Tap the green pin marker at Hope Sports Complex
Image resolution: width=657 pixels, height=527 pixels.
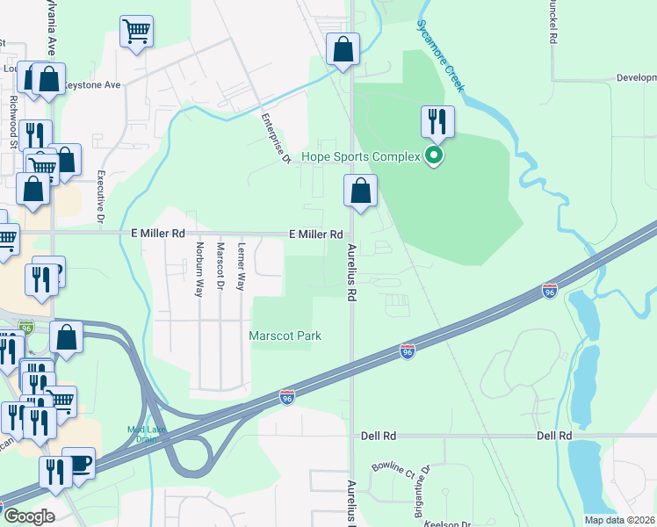(x=432, y=157)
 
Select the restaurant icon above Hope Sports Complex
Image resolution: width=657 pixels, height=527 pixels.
(x=437, y=121)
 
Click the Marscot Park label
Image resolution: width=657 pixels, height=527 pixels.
(x=285, y=336)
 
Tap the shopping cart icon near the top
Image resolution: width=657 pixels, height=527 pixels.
(x=136, y=32)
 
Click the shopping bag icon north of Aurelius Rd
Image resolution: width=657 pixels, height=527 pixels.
(x=343, y=49)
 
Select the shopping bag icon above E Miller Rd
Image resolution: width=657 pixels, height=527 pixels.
(x=360, y=190)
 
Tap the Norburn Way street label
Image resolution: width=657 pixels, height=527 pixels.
(x=199, y=268)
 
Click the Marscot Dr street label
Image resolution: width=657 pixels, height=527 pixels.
(x=220, y=268)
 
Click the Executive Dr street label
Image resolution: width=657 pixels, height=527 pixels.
(x=101, y=195)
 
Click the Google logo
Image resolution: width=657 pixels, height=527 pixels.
(x=29, y=516)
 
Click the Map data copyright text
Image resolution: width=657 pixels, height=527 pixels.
(x=620, y=520)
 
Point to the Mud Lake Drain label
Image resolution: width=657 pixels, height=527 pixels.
(x=147, y=434)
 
